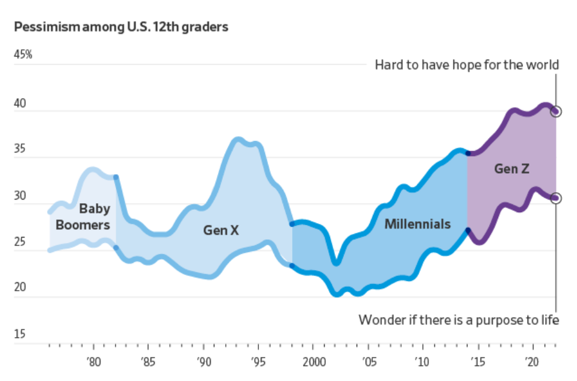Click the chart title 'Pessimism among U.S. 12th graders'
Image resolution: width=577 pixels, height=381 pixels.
pyautogui.click(x=121, y=28)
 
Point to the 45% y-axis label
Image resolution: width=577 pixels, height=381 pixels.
pyautogui.click(x=23, y=55)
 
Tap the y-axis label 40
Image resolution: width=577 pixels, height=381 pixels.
pyautogui.click(x=20, y=104)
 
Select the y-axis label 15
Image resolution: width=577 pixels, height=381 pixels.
pyautogui.click(x=19, y=334)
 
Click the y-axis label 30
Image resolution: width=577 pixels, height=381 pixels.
pyautogui.click(x=20, y=197)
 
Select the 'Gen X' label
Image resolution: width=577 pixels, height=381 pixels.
pyautogui.click(x=220, y=230)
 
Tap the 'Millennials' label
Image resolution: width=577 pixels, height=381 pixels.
pyautogui.click(x=417, y=224)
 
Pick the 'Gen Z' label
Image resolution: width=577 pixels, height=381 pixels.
pyautogui.click(x=511, y=169)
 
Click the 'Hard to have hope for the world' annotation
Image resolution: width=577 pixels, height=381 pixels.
pyautogui.click(x=467, y=65)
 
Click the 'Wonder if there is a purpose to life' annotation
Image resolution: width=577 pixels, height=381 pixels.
pyautogui.click(x=459, y=320)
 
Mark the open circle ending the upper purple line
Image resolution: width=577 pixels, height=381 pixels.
pyautogui.click(x=557, y=111)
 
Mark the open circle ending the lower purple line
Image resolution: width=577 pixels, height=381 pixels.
pyautogui.click(x=557, y=198)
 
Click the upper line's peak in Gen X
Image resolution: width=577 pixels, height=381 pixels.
pyautogui.click(x=238, y=140)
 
